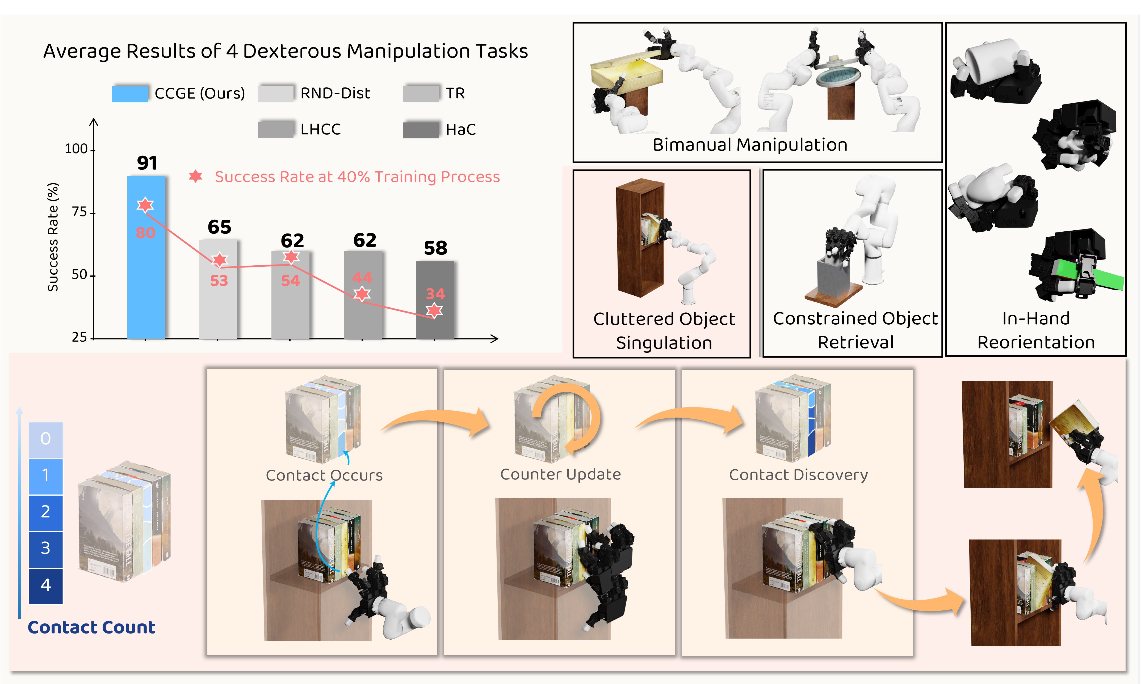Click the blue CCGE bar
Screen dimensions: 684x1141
[x=146, y=277]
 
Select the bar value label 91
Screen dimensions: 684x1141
[x=147, y=163]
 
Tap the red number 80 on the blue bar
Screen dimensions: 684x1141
[x=145, y=233]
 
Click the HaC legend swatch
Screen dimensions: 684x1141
[x=421, y=130]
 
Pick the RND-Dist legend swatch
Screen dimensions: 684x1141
[x=275, y=93]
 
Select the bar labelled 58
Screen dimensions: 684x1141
[x=435, y=300]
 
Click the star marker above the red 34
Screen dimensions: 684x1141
[x=434, y=311]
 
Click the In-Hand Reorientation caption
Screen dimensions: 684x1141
[x=1036, y=330]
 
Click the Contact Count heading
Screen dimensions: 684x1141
[x=91, y=627]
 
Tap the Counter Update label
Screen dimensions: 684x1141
[x=560, y=474]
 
